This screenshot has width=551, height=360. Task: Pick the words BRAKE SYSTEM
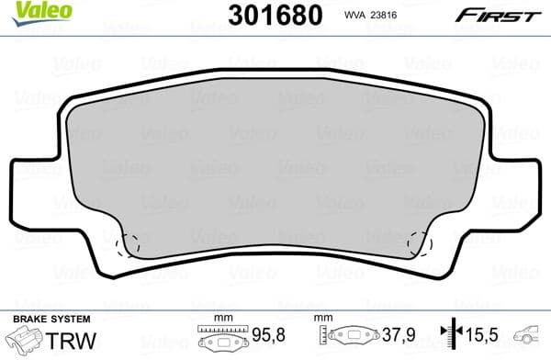[39, 318]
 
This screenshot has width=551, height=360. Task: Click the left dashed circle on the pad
[130, 243]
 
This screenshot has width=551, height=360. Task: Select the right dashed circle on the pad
[420, 243]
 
